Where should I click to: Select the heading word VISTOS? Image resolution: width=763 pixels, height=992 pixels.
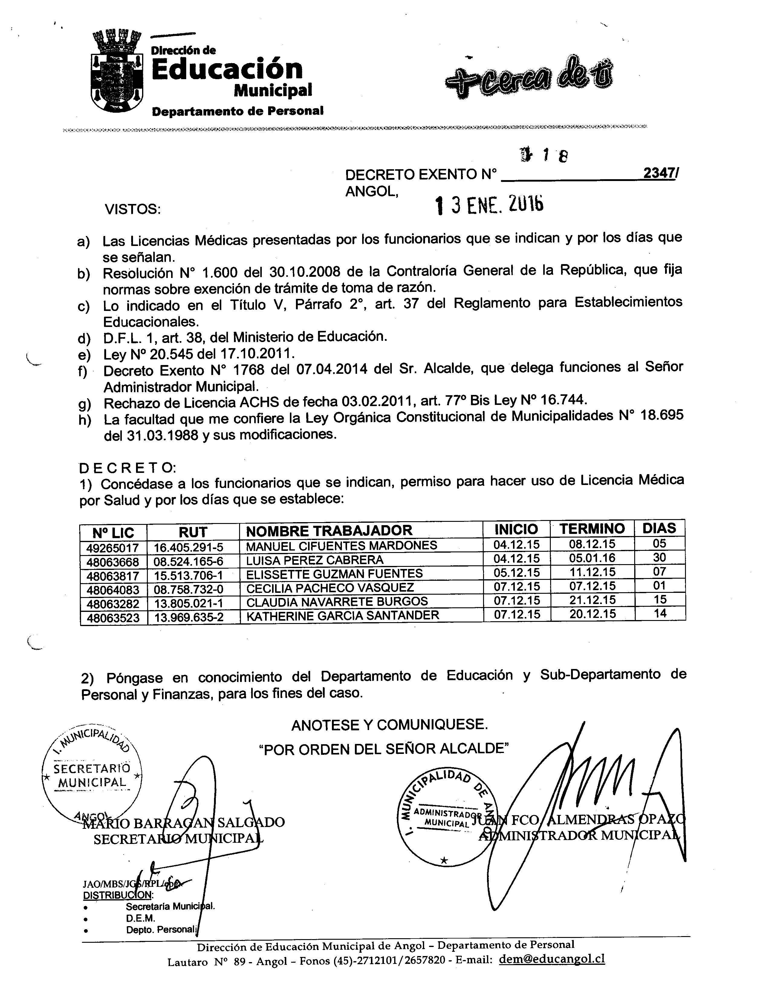(x=133, y=209)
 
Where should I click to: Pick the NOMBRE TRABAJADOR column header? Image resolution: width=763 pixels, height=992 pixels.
(x=329, y=530)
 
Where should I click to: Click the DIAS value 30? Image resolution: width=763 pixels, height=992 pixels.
(x=659, y=557)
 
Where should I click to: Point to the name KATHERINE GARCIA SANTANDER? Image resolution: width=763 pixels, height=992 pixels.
(x=343, y=615)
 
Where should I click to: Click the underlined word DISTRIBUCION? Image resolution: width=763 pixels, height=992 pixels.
(x=118, y=894)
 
